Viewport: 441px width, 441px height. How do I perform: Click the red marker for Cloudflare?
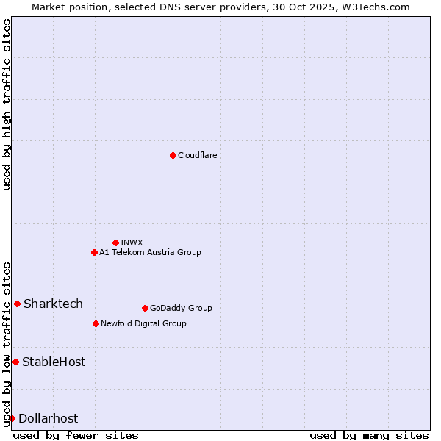pos(173,155)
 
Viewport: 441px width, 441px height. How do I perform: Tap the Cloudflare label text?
pos(197,155)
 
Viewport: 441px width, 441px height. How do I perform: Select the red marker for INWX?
pos(115,243)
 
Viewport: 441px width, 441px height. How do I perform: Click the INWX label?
pos(132,243)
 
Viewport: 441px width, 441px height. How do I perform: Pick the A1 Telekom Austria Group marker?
pos(94,252)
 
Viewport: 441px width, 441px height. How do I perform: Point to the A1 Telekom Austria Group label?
pos(150,252)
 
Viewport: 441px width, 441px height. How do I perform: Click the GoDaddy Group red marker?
pos(145,308)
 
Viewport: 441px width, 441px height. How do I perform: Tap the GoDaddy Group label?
pos(181,308)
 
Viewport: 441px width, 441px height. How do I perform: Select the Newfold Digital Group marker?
pos(96,323)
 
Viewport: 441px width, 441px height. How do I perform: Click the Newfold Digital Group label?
pos(143,323)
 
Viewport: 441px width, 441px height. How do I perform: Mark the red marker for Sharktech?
pos(17,304)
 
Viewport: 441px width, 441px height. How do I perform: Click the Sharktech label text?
pos(53,304)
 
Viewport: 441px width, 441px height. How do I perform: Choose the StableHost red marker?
pos(15,362)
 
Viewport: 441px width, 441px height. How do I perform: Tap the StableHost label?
pos(54,362)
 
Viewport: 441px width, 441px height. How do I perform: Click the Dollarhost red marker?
pos(12,418)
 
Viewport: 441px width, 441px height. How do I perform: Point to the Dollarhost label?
pos(48,418)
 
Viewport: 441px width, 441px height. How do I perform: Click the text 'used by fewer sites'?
pos(76,435)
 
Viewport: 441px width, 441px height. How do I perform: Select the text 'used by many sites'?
pos(369,435)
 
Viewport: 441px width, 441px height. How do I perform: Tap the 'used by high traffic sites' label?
pos(7,104)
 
